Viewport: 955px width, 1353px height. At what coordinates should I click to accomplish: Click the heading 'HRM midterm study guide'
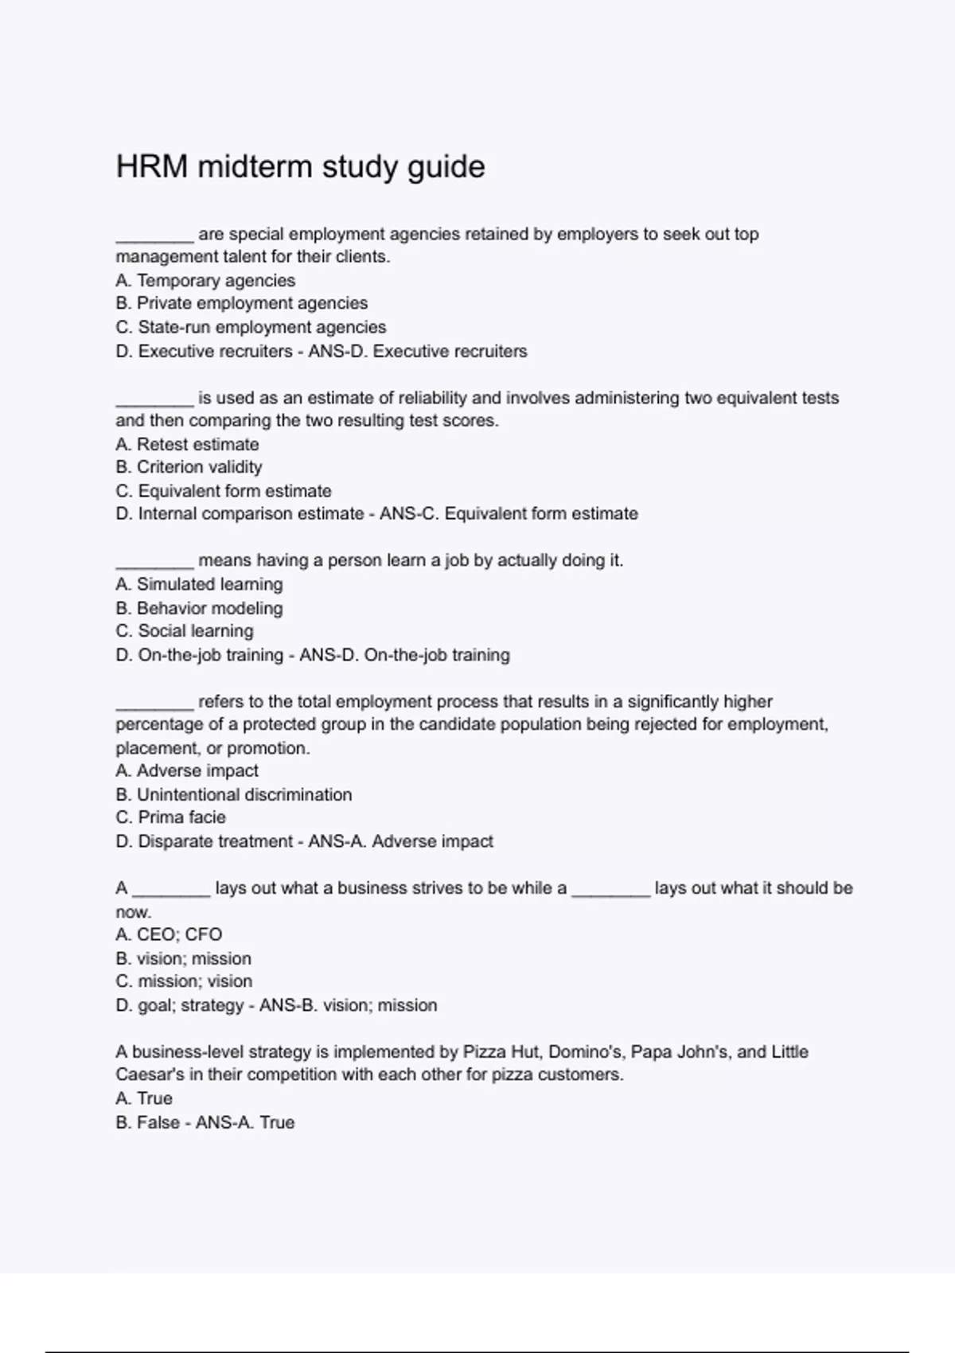[300, 167]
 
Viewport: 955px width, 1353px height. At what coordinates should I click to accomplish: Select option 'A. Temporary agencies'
[205, 280]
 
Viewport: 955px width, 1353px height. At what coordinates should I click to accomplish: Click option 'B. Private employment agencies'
[241, 303]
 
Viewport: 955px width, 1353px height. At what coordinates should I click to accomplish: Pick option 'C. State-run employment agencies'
[251, 327]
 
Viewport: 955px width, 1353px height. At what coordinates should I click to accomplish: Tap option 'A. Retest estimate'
[187, 444]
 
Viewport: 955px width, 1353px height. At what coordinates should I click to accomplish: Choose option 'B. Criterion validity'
[189, 467]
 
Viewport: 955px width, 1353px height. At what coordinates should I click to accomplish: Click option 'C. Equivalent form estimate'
[223, 491]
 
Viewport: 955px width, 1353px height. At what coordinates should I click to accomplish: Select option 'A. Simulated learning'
[199, 584]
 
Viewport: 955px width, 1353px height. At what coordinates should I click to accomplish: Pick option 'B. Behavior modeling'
[199, 608]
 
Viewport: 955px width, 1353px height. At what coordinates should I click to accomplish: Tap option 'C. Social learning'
[185, 631]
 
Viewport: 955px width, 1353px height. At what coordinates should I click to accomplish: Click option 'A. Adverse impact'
[187, 770]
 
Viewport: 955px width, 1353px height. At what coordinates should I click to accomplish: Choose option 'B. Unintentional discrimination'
[233, 794]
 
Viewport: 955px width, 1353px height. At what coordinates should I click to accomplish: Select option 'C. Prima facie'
[170, 817]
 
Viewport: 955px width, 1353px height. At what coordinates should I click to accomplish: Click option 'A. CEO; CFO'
[169, 934]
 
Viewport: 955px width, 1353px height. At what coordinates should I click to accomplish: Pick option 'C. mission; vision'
[184, 981]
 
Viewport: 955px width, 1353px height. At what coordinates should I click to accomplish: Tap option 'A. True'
[144, 1098]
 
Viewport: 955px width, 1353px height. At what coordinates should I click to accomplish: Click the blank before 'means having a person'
[154, 562]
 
